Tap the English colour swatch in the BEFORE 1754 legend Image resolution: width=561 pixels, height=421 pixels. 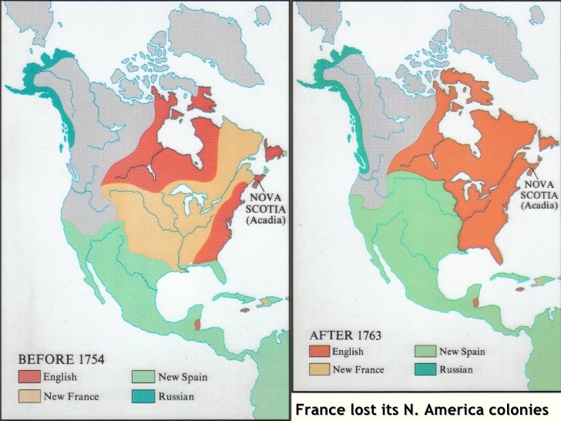pyautogui.click(x=30, y=377)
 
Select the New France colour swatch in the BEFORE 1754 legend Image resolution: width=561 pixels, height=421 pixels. pyautogui.click(x=30, y=396)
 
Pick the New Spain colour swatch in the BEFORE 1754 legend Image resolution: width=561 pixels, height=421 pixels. pyautogui.click(x=139, y=377)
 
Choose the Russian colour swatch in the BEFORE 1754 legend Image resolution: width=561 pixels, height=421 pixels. pyautogui.click(x=139, y=396)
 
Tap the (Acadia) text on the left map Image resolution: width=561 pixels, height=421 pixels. pyautogui.click(x=266, y=220)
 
